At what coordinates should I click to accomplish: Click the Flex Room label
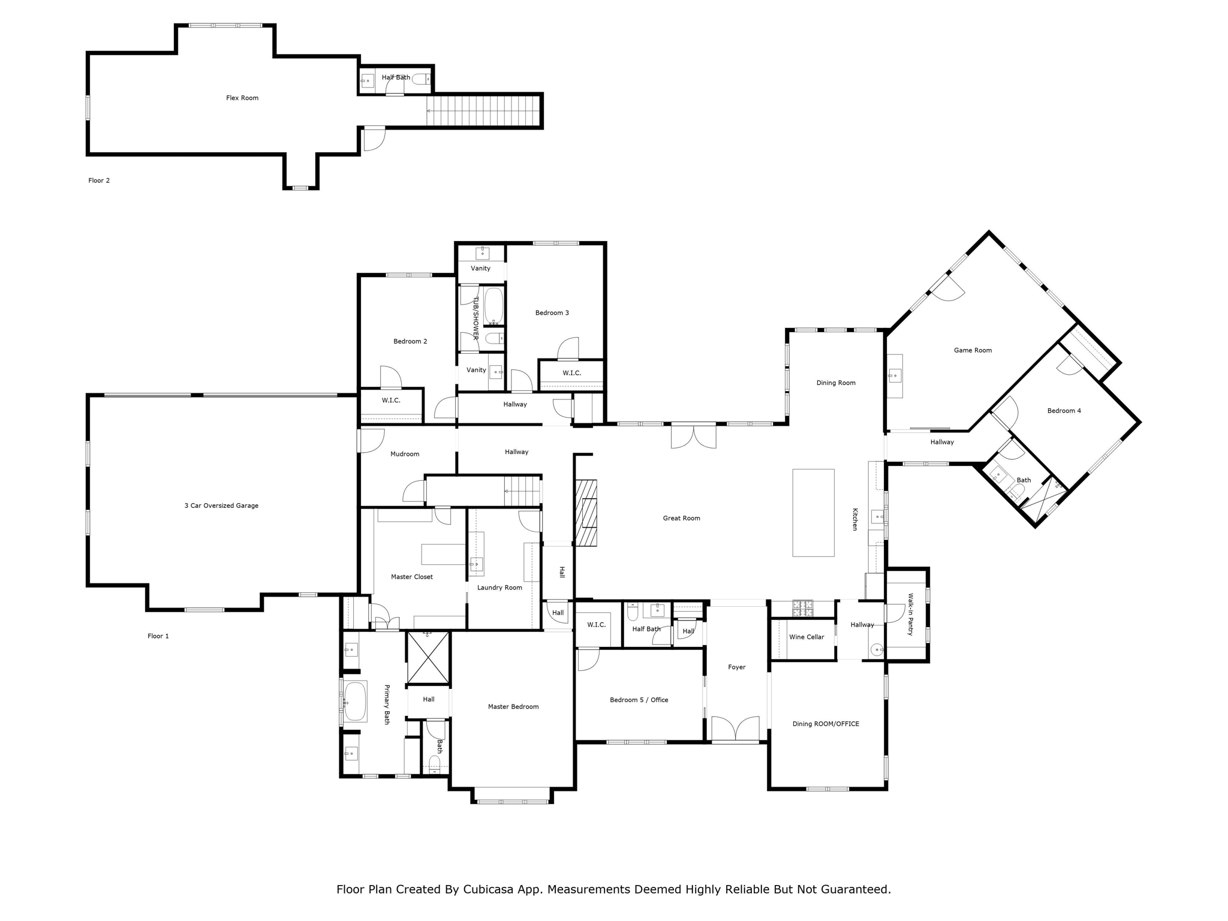coord(242,98)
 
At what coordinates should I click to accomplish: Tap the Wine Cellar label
coord(806,637)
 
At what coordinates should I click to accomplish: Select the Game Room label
coord(973,350)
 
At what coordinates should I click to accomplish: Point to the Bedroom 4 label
coord(1064,411)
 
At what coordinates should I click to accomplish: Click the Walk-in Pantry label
coord(910,614)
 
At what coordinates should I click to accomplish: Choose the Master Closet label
coord(412,577)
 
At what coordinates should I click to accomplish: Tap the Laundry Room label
coord(499,588)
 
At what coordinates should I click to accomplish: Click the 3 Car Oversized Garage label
coord(221,505)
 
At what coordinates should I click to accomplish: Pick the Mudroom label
coord(405,454)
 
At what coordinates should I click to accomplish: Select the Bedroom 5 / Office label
coord(639,700)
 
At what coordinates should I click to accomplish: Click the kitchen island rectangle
coord(813,513)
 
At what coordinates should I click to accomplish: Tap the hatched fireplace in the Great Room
coord(586,513)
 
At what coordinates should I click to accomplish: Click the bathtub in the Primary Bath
coord(355,702)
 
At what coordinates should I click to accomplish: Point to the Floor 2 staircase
coord(483,111)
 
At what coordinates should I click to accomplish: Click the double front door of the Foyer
coord(736,729)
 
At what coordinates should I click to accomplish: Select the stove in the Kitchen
coord(803,609)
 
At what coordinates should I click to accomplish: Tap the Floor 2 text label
coord(99,180)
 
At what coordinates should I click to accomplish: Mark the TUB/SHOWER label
coord(476,318)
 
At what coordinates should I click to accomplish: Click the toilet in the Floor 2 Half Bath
coord(422,79)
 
